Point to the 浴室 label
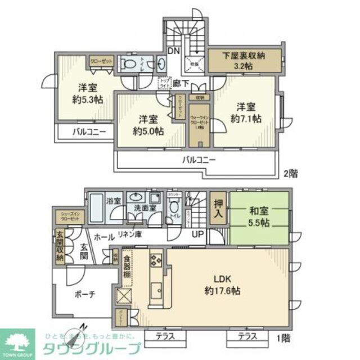[x=114, y=200]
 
